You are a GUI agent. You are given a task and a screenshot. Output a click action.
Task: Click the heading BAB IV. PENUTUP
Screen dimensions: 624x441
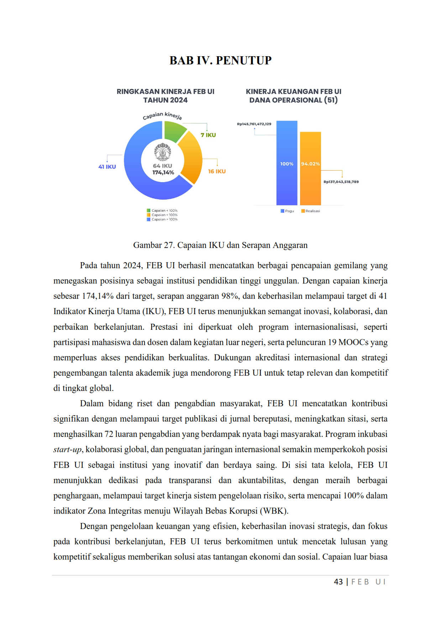point(220,60)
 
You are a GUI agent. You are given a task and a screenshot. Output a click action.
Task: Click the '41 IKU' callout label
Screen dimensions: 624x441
point(107,166)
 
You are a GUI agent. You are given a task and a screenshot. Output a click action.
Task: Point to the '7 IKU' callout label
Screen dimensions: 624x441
point(208,135)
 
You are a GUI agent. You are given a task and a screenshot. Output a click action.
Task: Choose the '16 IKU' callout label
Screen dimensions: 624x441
point(217,171)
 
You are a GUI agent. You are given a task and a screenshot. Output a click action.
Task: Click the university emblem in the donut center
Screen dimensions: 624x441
point(163,152)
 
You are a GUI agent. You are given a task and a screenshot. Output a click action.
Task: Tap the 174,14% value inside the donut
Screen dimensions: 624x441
point(163,173)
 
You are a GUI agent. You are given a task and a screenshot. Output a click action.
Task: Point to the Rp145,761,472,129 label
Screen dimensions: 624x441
point(254,124)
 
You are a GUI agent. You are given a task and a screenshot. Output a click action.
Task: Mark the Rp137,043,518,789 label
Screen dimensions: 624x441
point(341,182)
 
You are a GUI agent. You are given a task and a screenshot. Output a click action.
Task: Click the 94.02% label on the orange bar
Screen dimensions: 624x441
point(310,164)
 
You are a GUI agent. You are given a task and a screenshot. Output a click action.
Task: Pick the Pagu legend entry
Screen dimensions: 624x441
point(287,211)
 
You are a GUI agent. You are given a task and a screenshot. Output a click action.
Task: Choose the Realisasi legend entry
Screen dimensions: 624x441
point(310,211)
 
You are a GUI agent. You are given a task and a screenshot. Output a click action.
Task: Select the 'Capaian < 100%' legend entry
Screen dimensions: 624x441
point(162,211)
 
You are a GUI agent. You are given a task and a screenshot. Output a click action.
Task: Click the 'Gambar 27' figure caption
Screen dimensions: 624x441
point(220,245)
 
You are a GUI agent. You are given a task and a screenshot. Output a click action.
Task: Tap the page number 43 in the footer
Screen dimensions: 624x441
point(338,582)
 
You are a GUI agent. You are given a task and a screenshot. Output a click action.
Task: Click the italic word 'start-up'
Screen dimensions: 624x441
point(67,450)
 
